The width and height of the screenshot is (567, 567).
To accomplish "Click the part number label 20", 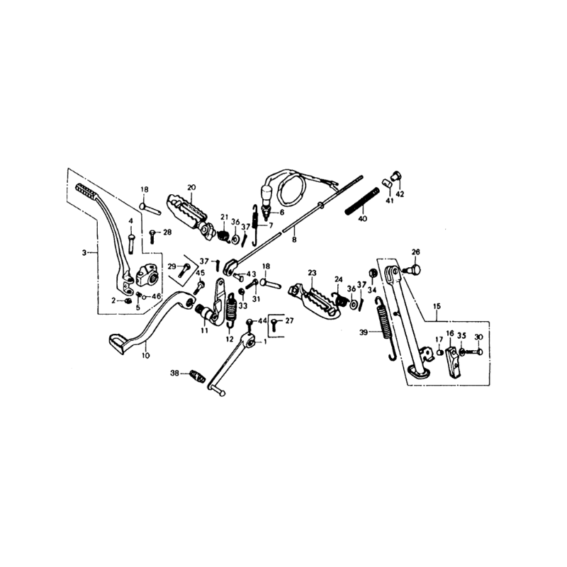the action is pyautogui.click(x=191, y=187).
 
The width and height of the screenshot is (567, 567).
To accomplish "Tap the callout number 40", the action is pyautogui.click(x=362, y=219).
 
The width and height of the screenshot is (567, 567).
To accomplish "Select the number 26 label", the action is pyautogui.click(x=416, y=252).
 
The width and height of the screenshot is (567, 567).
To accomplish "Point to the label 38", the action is pyautogui.click(x=174, y=373).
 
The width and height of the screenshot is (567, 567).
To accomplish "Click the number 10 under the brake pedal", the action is pyautogui.click(x=145, y=356).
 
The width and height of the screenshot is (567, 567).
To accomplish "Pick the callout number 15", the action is pyautogui.click(x=437, y=306).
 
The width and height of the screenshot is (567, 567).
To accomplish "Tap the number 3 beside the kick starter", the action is pyautogui.click(x=84, y=253).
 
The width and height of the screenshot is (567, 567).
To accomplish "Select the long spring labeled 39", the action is pyautogui.click(x=385, y=328).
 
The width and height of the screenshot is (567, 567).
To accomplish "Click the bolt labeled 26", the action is pyautogui.click(x=413, y=269).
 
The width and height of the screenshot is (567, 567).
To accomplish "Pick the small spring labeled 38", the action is pyautogui.click(x=198, y=376).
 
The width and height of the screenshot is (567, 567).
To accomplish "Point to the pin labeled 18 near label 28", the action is pyautogui.click(x=150, y=208).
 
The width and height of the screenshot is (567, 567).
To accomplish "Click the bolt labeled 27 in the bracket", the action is pyautogui.click(x=275, y=325).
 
